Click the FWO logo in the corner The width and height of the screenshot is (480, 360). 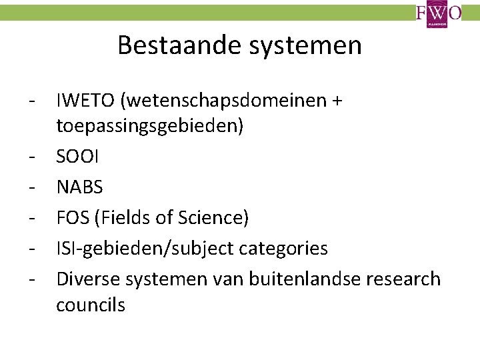click(x=439, y=14)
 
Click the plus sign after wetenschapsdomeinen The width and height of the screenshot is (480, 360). click(x=337, y=101)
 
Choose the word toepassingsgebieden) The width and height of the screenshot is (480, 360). click(x=150, y=126)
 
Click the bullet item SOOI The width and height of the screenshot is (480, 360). click(x=78, y=157)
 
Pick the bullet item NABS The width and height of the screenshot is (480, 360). click(x=80, y=187)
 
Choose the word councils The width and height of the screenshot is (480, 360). click(x=91, y=305)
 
